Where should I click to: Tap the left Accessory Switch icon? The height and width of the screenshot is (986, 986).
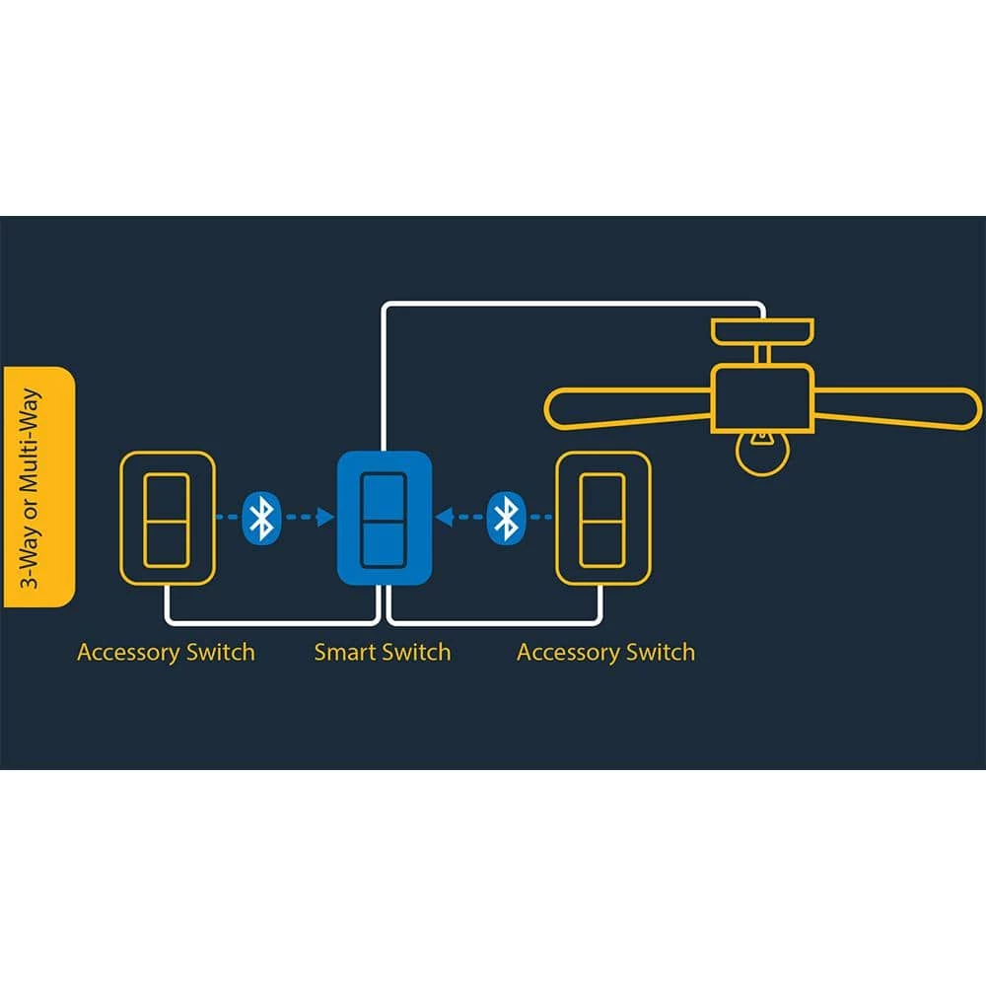tap(166, 518)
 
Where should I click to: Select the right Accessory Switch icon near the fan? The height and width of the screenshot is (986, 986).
tap(601, 518)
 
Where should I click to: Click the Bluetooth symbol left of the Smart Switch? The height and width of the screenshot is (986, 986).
tap(261, 518)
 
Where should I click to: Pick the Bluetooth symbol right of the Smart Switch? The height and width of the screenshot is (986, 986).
tap(506, 518)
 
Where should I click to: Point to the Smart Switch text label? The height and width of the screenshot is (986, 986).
tap(383, 653)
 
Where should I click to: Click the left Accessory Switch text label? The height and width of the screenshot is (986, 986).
tap(166, 653)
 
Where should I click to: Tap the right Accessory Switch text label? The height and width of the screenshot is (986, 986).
tap(605, 653)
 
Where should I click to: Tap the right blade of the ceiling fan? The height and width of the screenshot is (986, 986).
tap(897, 407)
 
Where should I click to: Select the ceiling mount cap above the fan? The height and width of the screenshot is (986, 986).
tap(762, 328)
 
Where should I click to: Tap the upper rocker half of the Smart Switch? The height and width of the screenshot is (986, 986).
tap(384, 497)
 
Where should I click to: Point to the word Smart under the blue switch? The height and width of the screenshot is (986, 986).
tap(344, 653)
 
